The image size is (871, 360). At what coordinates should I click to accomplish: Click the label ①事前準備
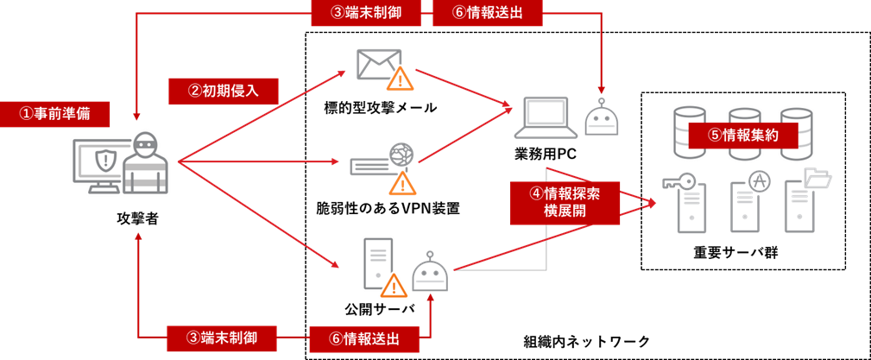pyautogui.click(x=55, y=113)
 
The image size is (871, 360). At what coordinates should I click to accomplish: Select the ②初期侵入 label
pyautogui.click(x=223, y=90)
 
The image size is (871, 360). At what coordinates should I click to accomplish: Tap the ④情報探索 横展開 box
pyautogui.click(x=565, y=203)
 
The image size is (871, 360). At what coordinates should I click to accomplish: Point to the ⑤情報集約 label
pyautogui.click(x=742, y=135)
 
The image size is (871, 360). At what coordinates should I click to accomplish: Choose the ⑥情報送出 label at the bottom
pyautogui.click(x=363, y=338)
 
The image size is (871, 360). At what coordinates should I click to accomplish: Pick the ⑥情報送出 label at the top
pyautogui.click(x=488, y=13)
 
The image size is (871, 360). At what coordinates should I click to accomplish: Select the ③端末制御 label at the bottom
pyautogui.click(x=223, y=337)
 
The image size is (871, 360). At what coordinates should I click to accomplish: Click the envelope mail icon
pyautogui.click(x=377, y=63)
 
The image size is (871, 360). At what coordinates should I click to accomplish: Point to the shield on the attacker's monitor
pyautogui.click(x=104, y=160)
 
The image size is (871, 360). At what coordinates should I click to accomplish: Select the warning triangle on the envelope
pyautogui.click(x=400, y=79)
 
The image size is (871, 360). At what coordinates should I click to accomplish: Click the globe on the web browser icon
pyautogui.click(x=402, y=155)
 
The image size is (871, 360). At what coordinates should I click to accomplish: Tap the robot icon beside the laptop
pyautogui.click(x=602, y=117)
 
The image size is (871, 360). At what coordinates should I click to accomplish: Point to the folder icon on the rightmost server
pyautogui.click(x=817, y=178)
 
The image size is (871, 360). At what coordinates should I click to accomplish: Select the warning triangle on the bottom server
pyautogui.click(x=394, y=286)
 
